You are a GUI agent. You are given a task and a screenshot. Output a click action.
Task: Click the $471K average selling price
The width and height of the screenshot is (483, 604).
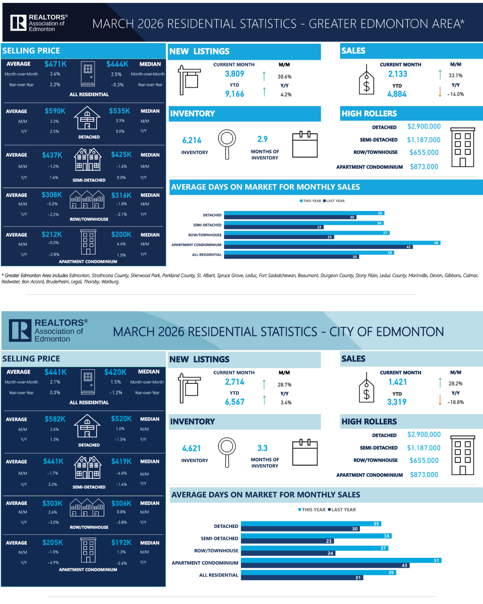coord(56,64)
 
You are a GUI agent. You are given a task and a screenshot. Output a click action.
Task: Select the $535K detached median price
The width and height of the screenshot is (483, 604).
coord(120,111)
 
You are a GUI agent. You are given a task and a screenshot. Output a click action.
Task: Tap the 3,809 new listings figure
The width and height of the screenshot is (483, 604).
coord(235,74)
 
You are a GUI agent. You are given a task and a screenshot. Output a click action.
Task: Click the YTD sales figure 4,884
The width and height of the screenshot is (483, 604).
coord(397,94)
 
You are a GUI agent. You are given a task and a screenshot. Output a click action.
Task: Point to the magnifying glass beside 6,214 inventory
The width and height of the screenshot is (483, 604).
coord(227,144)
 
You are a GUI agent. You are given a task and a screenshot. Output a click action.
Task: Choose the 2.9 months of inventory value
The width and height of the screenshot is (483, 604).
coord(262,139)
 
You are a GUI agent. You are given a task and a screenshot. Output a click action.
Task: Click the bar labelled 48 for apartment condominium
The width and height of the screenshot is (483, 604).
coord(332,243)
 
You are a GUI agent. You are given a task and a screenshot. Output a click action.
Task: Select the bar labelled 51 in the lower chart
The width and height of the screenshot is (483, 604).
coord(341,561)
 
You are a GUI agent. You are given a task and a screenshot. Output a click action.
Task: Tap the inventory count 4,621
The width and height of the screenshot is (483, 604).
coord(192,449)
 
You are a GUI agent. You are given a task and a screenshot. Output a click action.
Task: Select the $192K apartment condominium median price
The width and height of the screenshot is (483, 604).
coord(122,543)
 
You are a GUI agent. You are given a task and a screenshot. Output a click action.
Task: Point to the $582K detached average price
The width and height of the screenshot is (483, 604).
coord(55,419)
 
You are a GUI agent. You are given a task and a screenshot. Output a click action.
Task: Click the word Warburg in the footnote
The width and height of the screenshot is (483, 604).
coord(110,282)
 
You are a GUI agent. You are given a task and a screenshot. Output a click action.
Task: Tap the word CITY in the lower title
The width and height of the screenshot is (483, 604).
coord(342,332)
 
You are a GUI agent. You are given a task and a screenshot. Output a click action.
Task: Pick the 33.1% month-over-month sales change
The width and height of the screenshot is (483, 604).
coord(456,76)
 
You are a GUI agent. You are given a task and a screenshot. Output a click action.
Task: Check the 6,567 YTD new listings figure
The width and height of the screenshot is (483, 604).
coord(235,402)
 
